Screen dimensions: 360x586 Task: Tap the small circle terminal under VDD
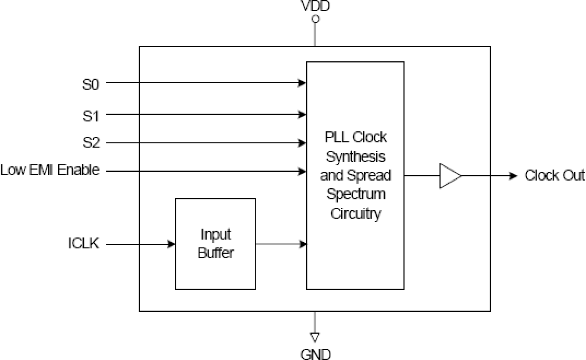pos(315,20)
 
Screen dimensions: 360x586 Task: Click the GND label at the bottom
pos(315,354)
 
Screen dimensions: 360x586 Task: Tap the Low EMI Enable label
pos(50,171)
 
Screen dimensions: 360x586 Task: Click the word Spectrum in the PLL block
pos(355,193)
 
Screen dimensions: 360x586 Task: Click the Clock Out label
pos(554,176)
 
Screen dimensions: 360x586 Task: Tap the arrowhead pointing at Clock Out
pos(514,176)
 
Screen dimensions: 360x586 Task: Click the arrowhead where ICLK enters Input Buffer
pos(172,244)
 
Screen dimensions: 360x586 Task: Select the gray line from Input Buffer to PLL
pos(278,244)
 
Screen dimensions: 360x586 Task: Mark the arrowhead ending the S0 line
pos(303,83)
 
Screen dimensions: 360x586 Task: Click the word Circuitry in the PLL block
pos(355,214)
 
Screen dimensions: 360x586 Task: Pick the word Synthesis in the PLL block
pos(355,157)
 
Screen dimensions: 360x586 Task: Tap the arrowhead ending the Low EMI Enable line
pos(303,171)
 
